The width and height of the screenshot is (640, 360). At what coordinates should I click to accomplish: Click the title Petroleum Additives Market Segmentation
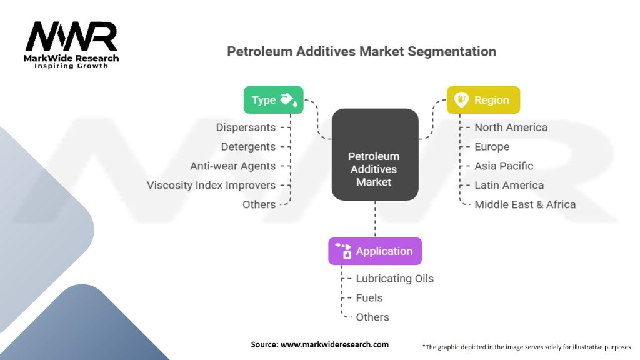361,51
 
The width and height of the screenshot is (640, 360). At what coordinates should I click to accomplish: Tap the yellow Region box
483,100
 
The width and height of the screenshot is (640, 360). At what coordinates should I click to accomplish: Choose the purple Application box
375,251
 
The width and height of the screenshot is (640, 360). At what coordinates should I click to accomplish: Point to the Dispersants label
246,127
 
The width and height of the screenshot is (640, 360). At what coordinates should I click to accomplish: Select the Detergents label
248,147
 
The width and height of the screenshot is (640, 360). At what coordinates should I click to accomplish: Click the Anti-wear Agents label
232,166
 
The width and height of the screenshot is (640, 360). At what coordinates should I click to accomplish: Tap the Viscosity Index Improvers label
211,185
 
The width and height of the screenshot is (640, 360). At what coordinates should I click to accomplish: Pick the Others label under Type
259,204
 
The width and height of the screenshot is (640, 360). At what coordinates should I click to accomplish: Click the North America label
511,127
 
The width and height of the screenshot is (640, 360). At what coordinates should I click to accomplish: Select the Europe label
492,147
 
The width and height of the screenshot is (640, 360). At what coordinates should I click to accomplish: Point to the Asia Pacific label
504,166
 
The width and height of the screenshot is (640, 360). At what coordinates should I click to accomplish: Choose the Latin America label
509,185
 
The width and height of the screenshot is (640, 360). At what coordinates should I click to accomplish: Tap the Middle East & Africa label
525,204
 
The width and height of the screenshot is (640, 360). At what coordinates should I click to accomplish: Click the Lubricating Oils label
394,279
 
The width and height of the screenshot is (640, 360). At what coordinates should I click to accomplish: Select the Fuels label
369,298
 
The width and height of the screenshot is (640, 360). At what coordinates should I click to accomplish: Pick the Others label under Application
372,317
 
